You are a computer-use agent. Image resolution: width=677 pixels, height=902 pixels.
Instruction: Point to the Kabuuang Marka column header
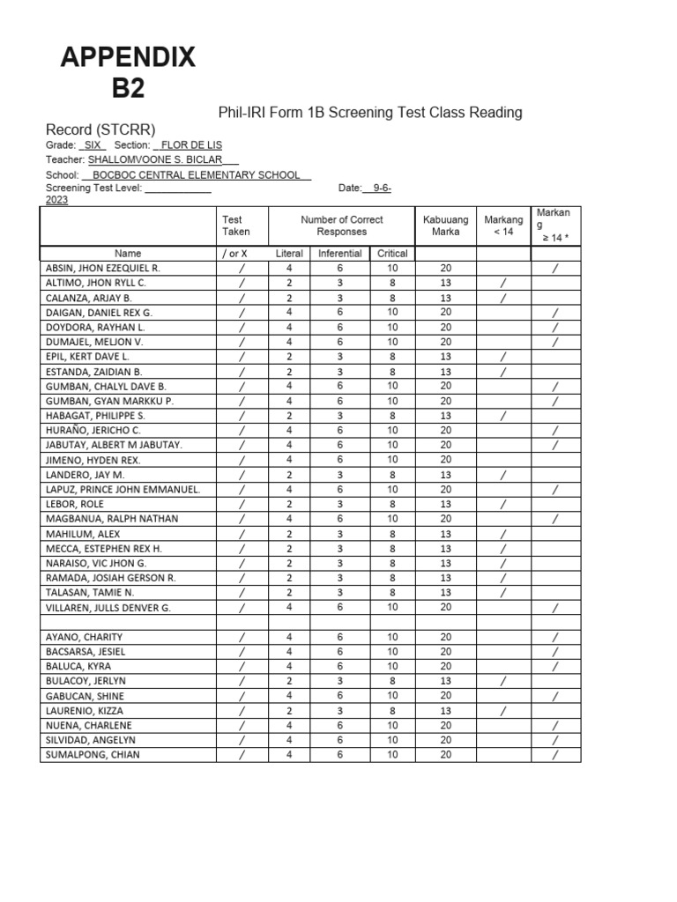click(x=445, y=225)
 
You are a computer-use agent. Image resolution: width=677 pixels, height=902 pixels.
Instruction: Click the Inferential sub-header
click(x=339, y=254)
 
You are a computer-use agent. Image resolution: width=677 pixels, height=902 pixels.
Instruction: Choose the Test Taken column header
click(x=235, y=225)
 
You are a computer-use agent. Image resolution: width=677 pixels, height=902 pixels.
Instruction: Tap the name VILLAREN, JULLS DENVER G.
click(x=108, y=608)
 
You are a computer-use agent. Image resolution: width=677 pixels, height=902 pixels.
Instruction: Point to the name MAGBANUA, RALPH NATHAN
click(x=104, y=519)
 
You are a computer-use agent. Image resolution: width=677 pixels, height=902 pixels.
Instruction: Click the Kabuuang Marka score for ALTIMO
click(x=445, y=283)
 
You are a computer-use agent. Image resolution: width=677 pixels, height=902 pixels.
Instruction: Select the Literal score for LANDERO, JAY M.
click(x=289, y=475)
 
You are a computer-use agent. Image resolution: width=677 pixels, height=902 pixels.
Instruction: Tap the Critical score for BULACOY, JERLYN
click(x=392, y=681)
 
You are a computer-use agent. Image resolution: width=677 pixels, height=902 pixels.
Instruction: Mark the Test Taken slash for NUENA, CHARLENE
click(x=242, y=726)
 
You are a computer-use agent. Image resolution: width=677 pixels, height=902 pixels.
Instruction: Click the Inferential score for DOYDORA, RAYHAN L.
click(x=339, y=327)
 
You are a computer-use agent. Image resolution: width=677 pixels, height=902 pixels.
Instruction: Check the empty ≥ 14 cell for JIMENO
click(x=555, y=460)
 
